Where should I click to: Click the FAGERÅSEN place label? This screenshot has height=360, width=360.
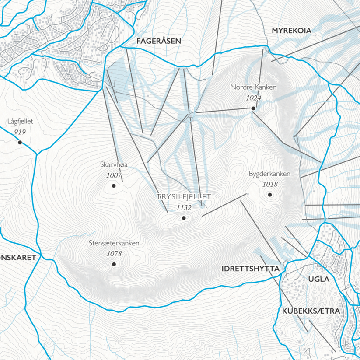coord(158,41)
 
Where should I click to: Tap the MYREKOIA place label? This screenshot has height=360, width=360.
coord(291,31)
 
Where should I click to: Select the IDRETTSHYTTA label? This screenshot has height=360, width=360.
coord(250,269)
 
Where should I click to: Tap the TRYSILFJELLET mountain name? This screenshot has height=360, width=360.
coord(184,197)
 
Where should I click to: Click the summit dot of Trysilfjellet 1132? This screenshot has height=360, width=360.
coord(184,218)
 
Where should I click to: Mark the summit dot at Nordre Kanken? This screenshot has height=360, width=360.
coord(253,108)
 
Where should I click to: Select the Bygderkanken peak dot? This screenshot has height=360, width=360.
coord(270,195)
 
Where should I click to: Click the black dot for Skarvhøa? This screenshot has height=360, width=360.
coord(114,185)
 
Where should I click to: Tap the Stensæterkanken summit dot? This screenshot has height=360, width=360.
coord(114,264)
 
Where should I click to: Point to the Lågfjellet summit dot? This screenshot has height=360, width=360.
coord(20,142)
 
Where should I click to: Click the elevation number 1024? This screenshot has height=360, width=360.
coord(253,98)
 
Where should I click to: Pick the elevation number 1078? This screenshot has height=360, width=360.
coord(114,253)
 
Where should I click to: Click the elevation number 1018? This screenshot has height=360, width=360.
coord(270,184)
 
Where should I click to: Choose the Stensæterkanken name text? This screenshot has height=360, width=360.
coord(114,243)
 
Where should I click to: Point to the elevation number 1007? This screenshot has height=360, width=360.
coord(114,175)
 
